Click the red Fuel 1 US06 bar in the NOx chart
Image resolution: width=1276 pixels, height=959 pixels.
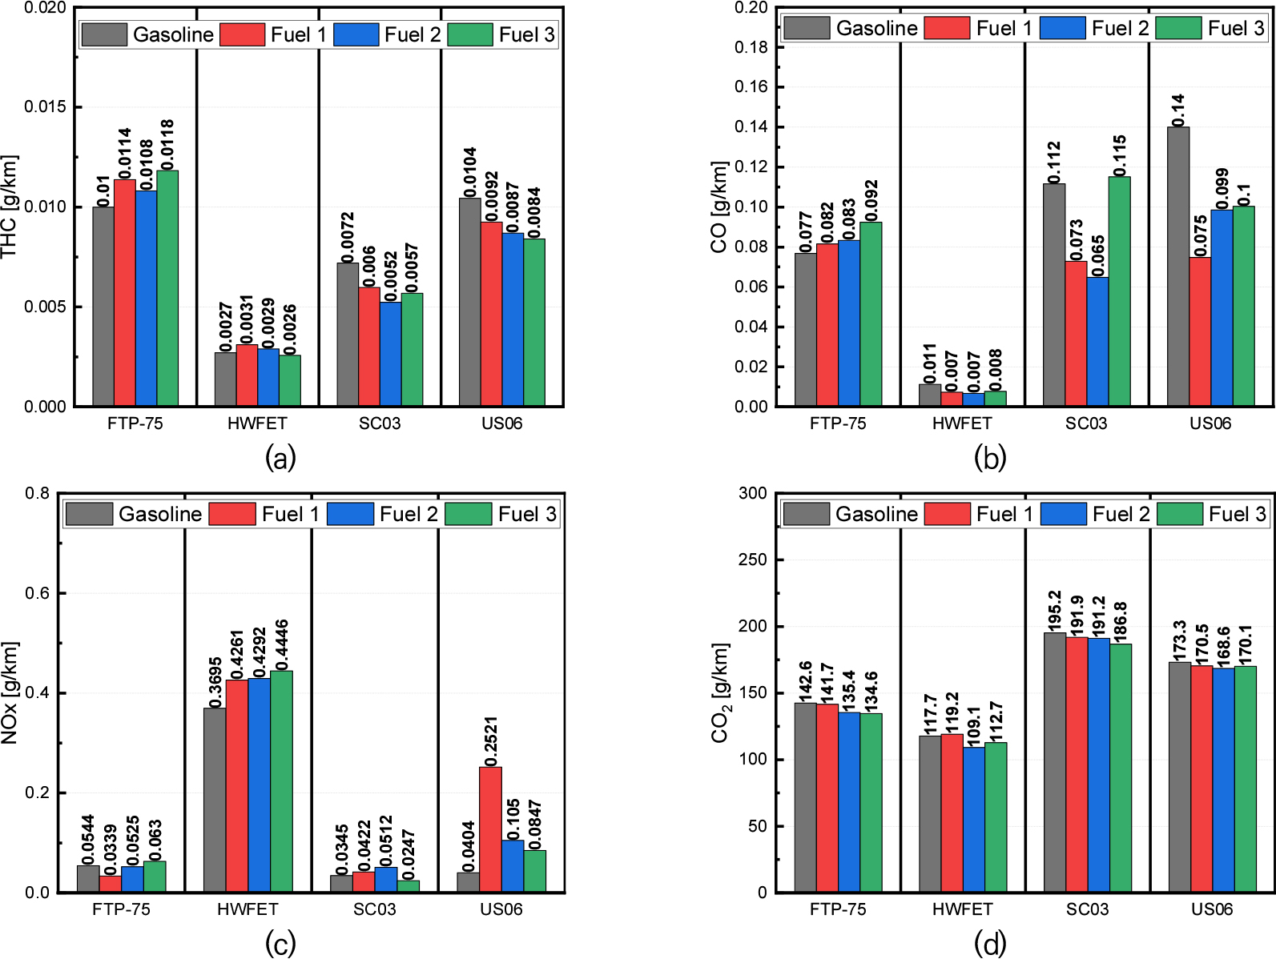[x=490, y=829]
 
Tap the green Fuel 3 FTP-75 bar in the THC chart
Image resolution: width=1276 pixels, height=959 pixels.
[x=167, y=288]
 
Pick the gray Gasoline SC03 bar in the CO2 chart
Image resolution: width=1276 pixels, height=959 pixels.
[x=1054, y=762]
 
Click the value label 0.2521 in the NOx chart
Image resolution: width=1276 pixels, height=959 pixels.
[x=490, y=740]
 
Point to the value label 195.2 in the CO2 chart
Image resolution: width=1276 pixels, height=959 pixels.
[x=1054, y=611]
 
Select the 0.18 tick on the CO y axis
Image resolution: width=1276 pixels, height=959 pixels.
[x=751, y=47]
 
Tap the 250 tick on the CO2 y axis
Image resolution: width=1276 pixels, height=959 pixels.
[x=752, y=560]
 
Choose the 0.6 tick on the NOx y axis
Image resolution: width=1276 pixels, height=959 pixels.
[x=37, y=593]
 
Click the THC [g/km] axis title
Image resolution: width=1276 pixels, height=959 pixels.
[x=10, y=207]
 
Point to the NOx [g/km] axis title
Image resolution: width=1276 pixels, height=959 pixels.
[x=10, y=692]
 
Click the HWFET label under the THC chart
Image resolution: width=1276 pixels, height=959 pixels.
[x=257, y=423]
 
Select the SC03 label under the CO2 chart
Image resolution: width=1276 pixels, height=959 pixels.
[x=1087, y=909]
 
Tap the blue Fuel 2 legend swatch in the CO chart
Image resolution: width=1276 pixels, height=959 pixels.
[x=1062, y=28]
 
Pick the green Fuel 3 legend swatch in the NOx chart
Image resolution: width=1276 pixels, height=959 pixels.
[x=468, y=514]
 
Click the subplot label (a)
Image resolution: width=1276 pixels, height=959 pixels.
[x=280, y=459]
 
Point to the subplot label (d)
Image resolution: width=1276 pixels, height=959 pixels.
[x=990, y=945]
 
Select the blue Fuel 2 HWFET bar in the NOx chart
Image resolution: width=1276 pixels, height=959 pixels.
[x=259, y=784]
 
